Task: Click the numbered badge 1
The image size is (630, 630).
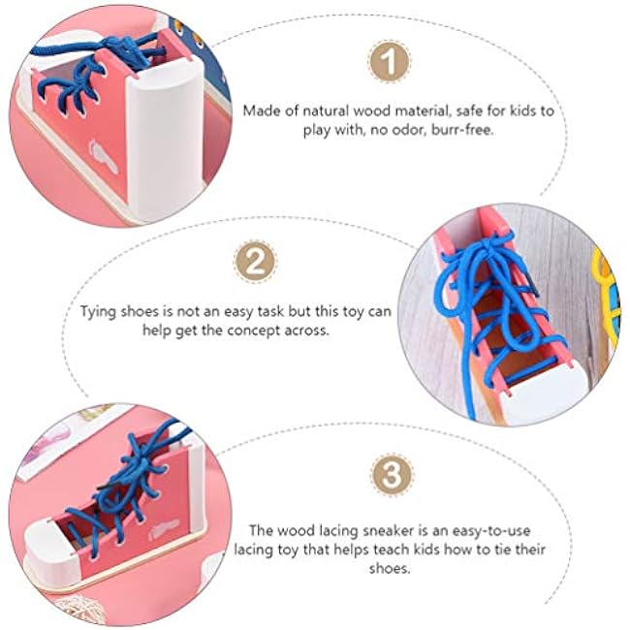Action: click(389, 61)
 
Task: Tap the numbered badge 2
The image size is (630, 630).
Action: click(256, 262)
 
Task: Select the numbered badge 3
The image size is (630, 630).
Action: click(392, 475)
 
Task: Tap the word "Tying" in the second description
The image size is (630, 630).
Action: click(96, 312)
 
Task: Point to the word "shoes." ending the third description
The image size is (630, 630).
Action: click(390, 569)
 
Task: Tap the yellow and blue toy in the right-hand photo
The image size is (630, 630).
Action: click(607, 299)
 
